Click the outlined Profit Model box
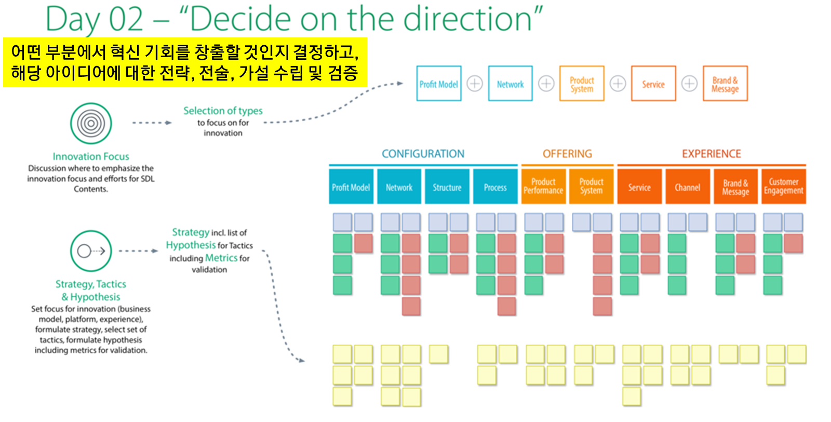(439, 84)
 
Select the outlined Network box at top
(510, 84)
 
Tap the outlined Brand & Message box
(725, 84)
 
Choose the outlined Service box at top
(653, 84)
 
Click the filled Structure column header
(447, 187)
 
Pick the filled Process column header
(495, 187)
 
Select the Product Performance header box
(543, 187)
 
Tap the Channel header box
(687, 187)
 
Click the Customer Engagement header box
(783, 187)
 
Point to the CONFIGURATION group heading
(423, 154)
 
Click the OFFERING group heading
(567, 154)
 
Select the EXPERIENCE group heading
(711, 154)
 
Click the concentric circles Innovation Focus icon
(91, 124)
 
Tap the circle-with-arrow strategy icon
(91, 251)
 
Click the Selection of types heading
(223, 111)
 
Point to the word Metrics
(221, 258)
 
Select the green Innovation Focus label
(91, 156)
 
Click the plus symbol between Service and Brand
(689, 84)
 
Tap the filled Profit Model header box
(351, 187)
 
